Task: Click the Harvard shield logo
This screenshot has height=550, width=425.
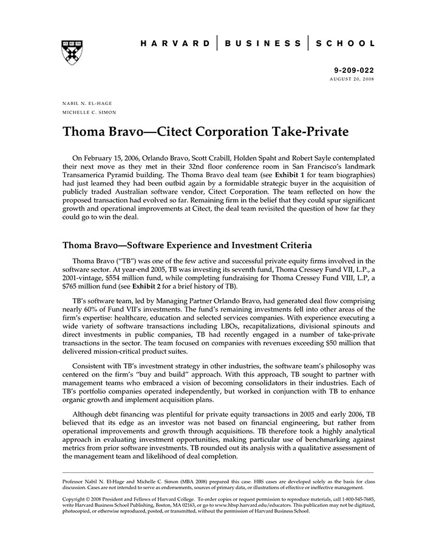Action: (72, 52)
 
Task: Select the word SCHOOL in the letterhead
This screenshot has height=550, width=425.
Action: (347, 44)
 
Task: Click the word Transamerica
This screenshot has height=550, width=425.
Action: (90, 174)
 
